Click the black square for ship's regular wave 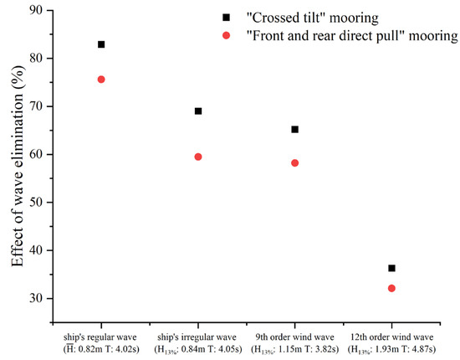[101, 44]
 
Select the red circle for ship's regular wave [101, 80]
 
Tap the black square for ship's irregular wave [198, 111]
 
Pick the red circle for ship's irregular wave [198, 157]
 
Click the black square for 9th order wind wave [294, 130]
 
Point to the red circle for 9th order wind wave [294, 163]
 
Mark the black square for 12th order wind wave [391, 269]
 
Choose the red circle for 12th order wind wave [391, 288]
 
